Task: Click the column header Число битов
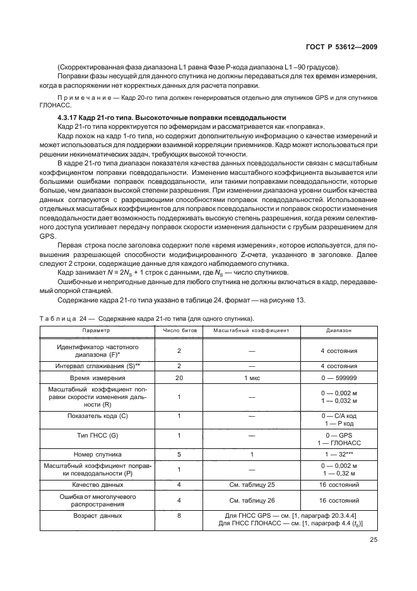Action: (x=180, y=330)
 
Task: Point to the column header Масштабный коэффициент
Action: (x=251, y=330)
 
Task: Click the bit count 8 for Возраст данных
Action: (x=180, y=516)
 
